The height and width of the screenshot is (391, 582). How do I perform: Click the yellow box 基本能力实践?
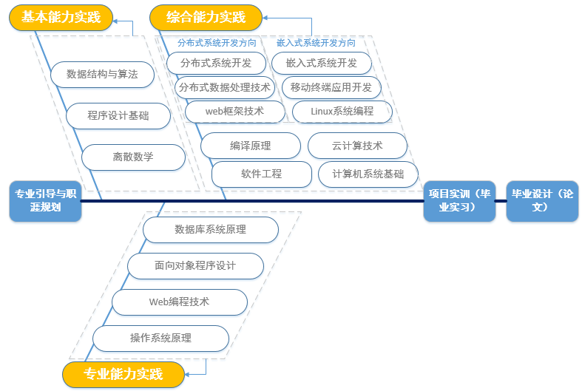[x=61, y=17]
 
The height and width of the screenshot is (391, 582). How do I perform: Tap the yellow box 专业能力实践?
[x=123, y=374]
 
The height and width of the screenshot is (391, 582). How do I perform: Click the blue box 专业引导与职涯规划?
[x=45, y=200]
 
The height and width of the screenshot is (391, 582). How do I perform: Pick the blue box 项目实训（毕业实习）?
[x=459, y=200]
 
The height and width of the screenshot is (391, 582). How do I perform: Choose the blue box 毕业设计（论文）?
[x=542, y=200]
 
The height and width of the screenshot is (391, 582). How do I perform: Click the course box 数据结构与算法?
[x=103, y=74]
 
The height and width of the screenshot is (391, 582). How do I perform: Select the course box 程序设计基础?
[x=118, y=115]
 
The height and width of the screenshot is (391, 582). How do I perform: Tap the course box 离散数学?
[x=133, y=157]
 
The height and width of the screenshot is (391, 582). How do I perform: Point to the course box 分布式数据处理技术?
[x=225, y=87]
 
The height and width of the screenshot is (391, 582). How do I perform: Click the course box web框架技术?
[x=234, y=111]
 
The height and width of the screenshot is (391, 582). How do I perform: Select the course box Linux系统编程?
[x=342, y=111]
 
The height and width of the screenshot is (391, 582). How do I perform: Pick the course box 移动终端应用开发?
[x=331, y=87]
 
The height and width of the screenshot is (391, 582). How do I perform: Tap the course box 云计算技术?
[x=357, y=146]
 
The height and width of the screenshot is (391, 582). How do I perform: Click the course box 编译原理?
[x=251, y=146]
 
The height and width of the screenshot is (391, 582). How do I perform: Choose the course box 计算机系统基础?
[x=368, y=174]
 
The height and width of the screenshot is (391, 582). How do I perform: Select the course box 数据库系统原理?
[x=211, y=230]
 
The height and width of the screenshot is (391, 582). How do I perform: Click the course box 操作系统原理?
[x=160, y=338]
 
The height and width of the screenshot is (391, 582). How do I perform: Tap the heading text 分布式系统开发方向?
[x=217, y=43]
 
